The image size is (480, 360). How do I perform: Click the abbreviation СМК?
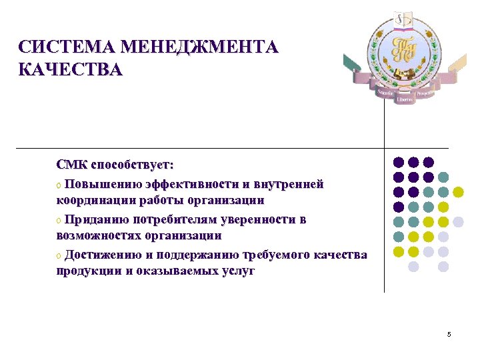coord(71,164)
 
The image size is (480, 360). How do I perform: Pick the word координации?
coord(97,200)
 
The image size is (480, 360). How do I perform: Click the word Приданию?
coord(94,219)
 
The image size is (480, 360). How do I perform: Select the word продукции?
coord(87,272)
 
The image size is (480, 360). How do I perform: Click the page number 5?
coord(449,334)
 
